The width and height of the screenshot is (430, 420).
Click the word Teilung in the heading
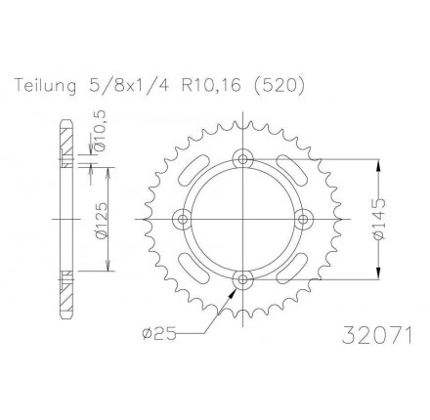[x=46, y=86]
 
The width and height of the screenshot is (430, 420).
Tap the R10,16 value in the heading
[x=211, y=86]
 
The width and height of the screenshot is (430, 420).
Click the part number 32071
[x=377, y=335]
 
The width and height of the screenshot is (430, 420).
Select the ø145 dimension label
[x=379, y=219]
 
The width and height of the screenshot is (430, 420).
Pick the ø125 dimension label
[x=101, y=221]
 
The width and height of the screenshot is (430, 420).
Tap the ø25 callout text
[x=159, y=334]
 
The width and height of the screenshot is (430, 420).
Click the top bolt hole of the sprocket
[x=243, y=159]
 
